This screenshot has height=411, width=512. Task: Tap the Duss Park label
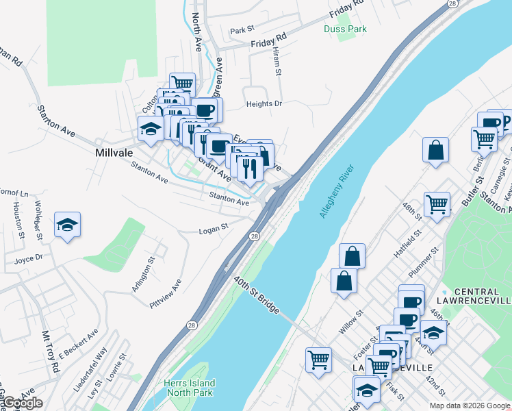coord(345,29)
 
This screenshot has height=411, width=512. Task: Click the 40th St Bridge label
coord(256,295)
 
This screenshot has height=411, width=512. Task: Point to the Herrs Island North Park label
coord(189,388)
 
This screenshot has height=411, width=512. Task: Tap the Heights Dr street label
coord(264,104)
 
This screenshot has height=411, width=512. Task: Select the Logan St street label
coord(213,230)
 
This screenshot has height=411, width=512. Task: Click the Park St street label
coord(242,30)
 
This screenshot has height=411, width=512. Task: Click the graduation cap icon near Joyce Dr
coord(67,224)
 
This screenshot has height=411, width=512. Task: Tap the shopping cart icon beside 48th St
coord(437,203)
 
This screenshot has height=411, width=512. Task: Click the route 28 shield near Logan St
coord(254,236)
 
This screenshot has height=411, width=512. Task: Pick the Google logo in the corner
coord(22,403)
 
